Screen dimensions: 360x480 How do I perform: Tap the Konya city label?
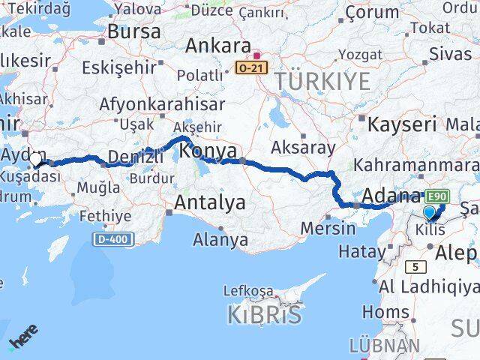(x=209, y=151)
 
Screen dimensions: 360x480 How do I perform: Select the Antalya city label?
(x=210, y=202)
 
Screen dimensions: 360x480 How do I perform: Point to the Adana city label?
(x=390, y=196)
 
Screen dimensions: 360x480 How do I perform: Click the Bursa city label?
(x=134, y=31)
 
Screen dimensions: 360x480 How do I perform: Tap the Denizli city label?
(x=136, y=156)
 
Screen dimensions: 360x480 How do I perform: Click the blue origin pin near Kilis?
(x=429, y=214)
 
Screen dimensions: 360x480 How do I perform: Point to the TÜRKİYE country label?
(x=322, y=81)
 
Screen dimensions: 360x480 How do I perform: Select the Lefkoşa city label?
(x=251, y=291)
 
